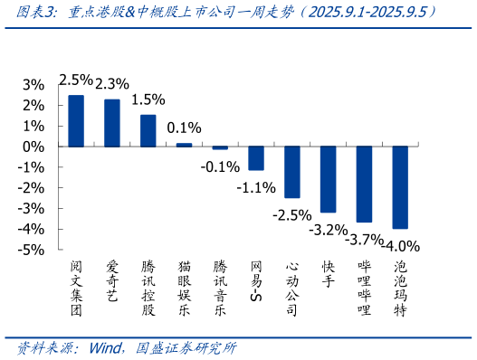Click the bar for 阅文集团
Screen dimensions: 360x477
[x=76, y=120]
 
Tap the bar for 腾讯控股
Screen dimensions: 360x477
[x=148, y=130]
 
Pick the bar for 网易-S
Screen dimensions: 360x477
[x=256, y=157]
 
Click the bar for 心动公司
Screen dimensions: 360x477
[x=291, y=172]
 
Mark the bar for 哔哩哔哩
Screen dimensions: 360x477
[x=364, y=184]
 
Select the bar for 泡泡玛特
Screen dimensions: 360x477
[x=399, y=187]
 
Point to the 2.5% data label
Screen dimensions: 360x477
[x=76, y=80]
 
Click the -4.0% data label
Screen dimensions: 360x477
[x=401, y=245]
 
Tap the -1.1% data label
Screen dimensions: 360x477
[x=256, y=187]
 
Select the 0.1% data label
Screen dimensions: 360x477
[x=184, y=128]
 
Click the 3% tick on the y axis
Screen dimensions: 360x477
[x=33, y=84]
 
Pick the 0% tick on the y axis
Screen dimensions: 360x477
[x=33, y=147]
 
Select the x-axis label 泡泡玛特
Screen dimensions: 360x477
[x=399, y=288]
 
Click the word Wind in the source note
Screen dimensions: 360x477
[x=109, y=348]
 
